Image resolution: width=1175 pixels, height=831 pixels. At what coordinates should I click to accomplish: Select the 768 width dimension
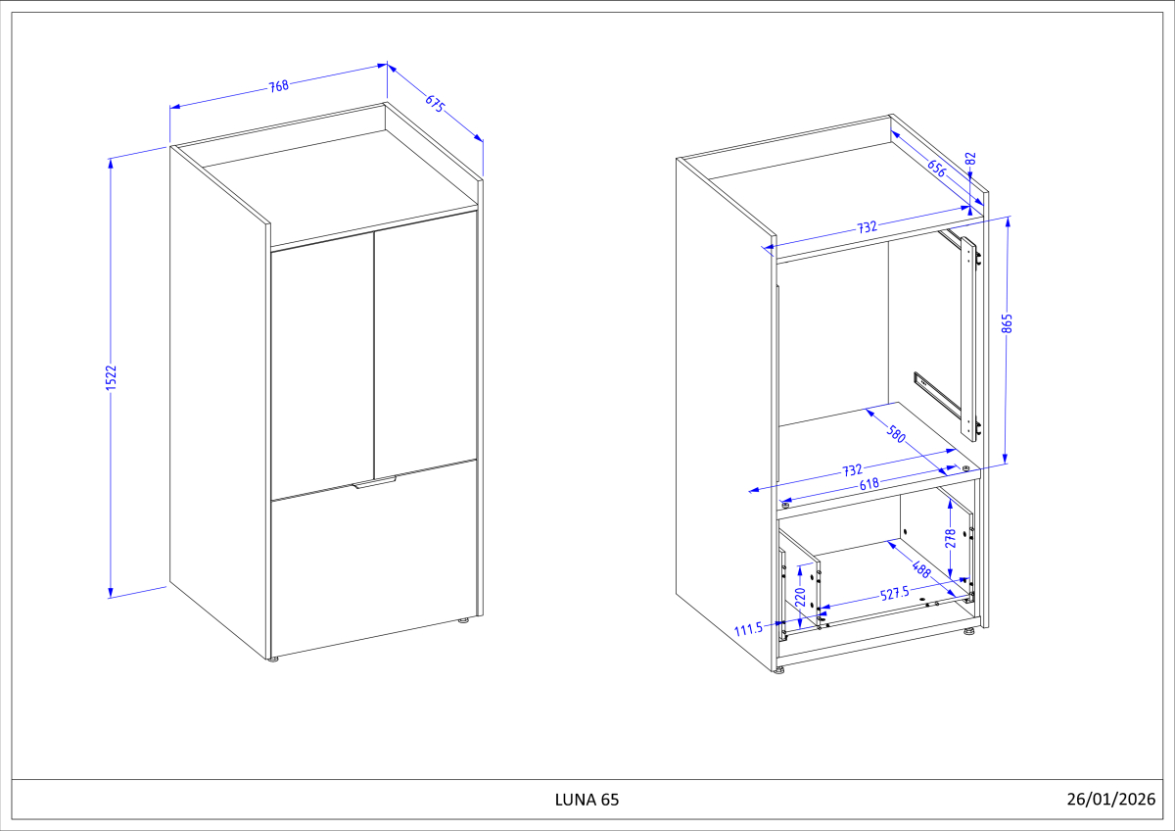tap(279, 85)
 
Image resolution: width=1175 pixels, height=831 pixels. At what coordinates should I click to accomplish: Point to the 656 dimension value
tap(936, 168)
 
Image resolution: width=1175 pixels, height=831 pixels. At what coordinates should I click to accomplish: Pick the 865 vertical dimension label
tap(1007, 323)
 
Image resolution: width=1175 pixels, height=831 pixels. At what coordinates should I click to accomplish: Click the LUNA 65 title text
tap(587, 800)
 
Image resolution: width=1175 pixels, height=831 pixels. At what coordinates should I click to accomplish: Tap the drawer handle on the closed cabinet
tap(376, 481)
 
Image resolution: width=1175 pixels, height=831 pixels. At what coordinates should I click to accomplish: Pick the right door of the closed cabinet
tap(426, 348)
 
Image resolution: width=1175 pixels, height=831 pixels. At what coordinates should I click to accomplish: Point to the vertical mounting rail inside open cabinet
tap(966, 333)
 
